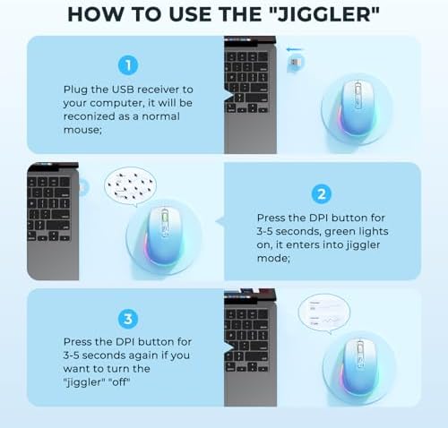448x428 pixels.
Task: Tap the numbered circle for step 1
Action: [128, 65]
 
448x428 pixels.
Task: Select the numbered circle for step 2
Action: [322, 194]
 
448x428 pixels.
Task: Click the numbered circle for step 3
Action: [128, 319]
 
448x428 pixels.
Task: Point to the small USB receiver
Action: [295, 63]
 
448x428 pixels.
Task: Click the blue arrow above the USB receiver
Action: [295, 49]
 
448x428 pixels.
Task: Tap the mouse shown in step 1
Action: [358, 107]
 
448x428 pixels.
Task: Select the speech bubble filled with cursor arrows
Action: [131, 186]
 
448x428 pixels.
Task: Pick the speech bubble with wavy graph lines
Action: [324, 313]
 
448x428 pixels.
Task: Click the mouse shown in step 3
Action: [359, 366]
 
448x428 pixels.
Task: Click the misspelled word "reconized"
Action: [90, 116]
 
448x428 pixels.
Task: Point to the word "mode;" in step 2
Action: [273, 258]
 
